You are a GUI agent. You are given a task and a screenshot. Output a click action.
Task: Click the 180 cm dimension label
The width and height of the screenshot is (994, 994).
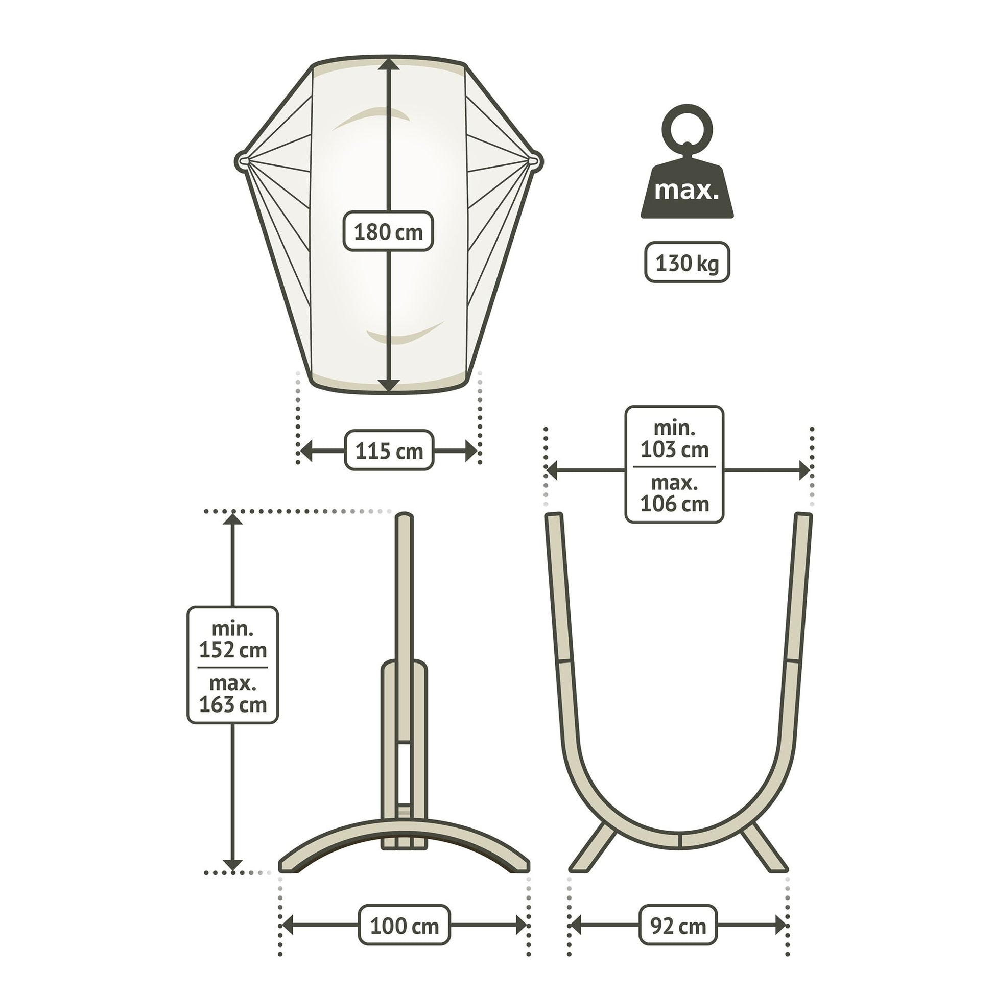[x=388, y=231]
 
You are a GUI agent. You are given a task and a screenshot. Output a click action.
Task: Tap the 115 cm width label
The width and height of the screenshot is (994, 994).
[x=389, y=451]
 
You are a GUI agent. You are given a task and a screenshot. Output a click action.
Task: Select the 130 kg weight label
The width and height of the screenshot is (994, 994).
[x=687, y=263]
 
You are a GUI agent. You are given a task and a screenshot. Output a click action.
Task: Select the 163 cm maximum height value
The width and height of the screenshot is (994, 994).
[x=233, y=704]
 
